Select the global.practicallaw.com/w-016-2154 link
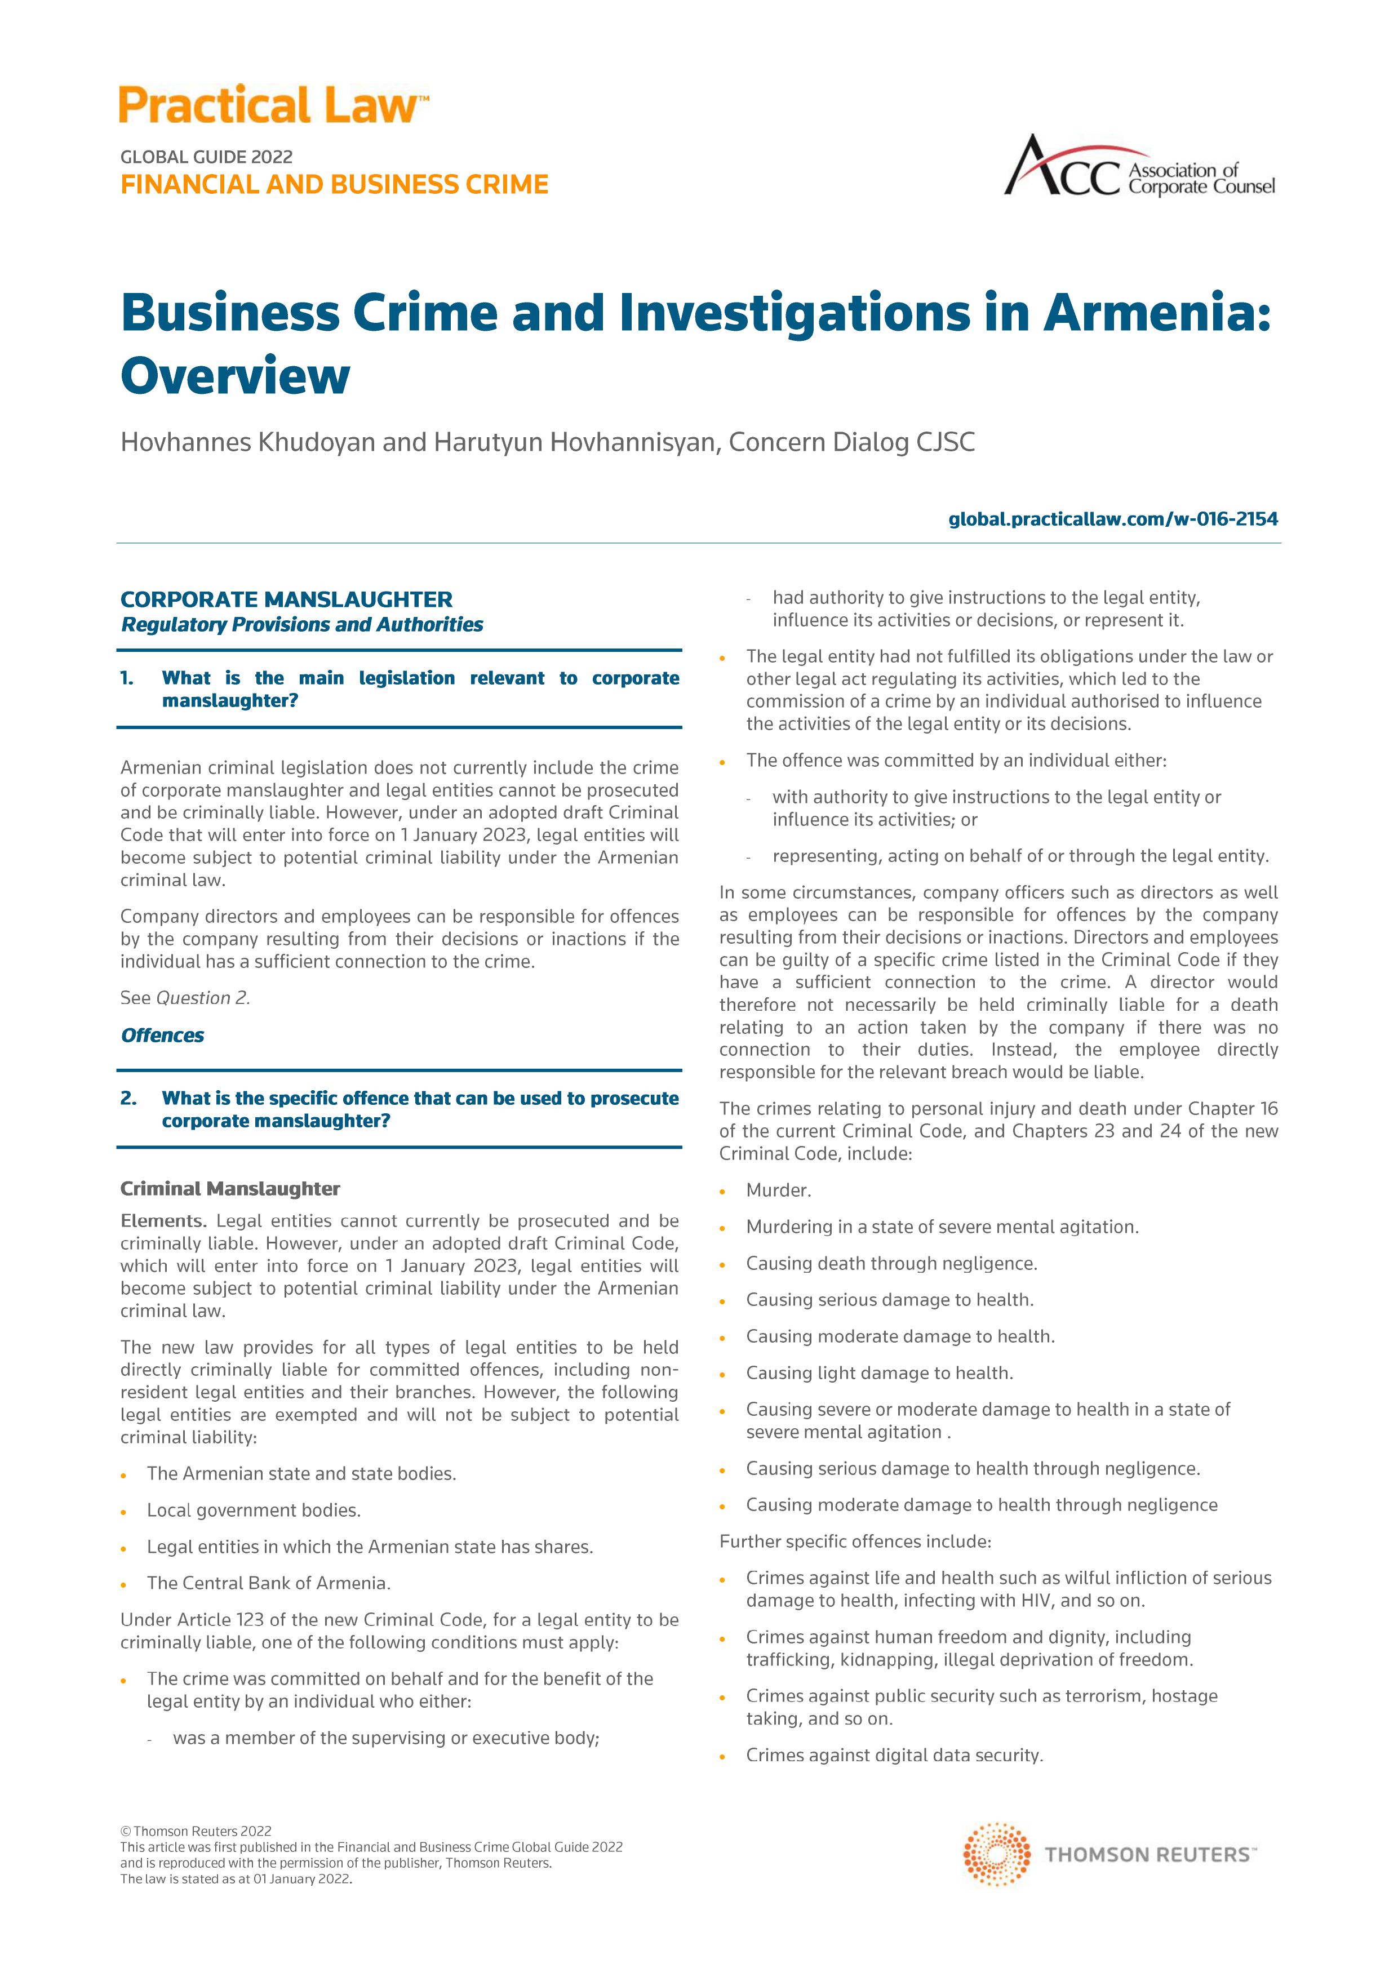point(1113,519)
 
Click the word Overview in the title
point(235,376)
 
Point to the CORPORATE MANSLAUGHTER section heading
point(286,599)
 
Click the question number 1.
point(127,678)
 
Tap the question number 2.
point(128,1099)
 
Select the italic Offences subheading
point(163,1035)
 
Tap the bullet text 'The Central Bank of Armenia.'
point(269,1583)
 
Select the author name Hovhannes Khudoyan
point(248,443)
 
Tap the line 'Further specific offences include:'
point(855,1541)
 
